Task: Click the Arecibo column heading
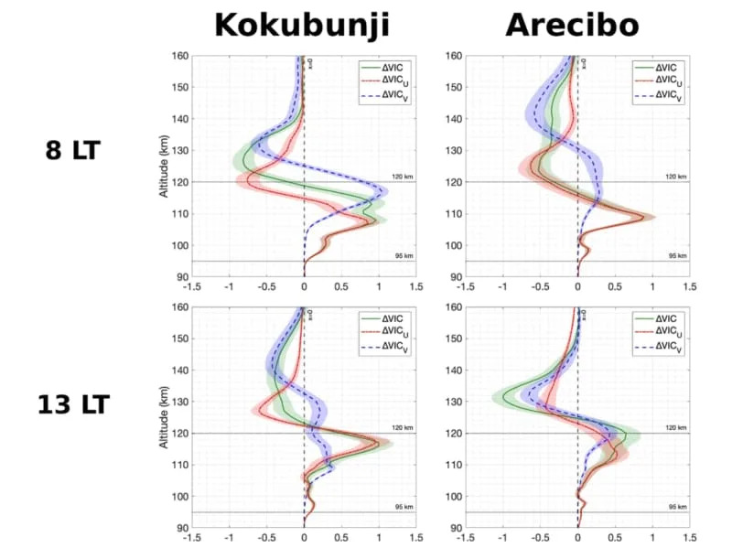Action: click(572, 25)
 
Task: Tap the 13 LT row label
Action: click(73, 403)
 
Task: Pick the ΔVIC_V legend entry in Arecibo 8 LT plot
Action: click(662, 94)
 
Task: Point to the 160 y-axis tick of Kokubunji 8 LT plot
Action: click(179, 56)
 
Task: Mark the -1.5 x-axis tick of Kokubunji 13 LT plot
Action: click(191, 538)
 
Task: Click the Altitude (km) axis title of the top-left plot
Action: click(165, 166)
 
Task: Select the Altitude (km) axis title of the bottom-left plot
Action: click(165, 417)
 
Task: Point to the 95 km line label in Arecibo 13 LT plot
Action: click(678, 506)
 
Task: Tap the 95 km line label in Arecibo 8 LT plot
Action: click(678, 255)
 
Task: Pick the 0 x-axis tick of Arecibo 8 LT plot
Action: click(577, 286)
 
